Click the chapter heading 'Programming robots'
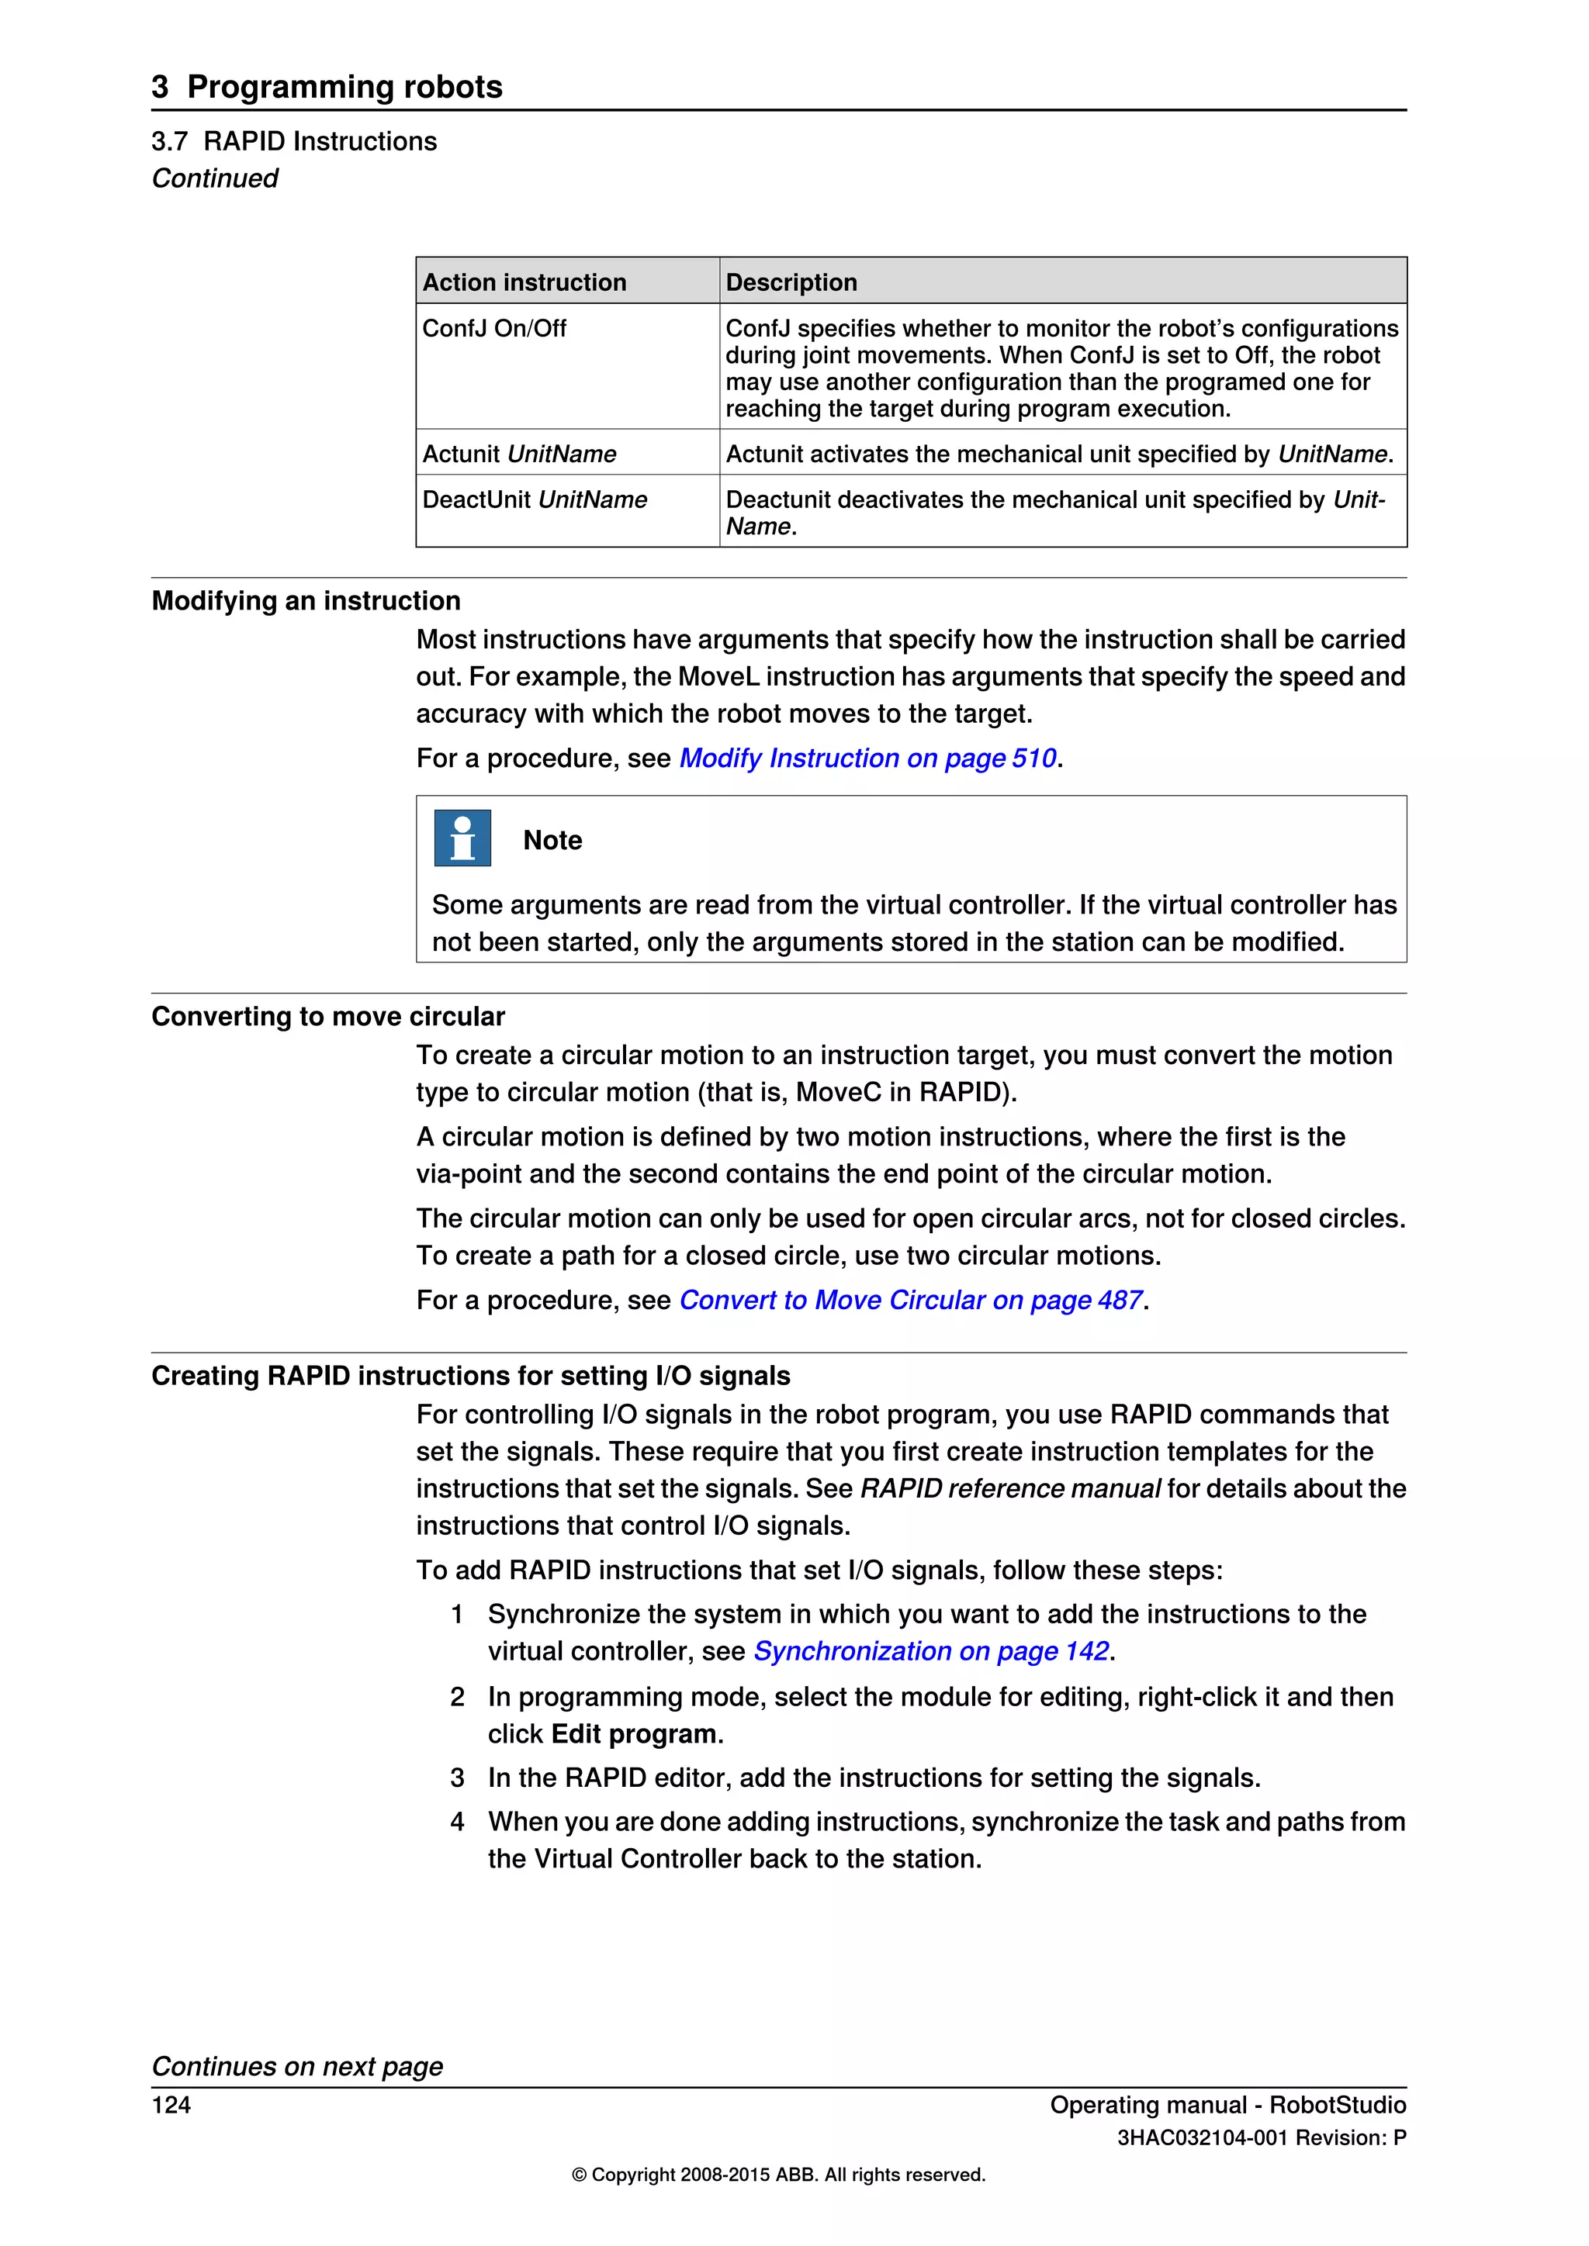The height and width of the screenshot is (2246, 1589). point(344,87)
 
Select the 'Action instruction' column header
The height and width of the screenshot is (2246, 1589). point(524,283)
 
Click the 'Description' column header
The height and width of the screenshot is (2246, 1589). point(791,283)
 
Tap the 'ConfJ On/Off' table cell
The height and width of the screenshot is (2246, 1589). point(494,329)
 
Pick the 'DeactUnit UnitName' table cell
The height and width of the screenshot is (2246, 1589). point(535,500)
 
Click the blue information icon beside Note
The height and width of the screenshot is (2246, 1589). point(462,838)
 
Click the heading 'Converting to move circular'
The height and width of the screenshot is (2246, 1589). point(327,1017)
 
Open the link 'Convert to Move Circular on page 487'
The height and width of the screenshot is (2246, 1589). point(910,1300)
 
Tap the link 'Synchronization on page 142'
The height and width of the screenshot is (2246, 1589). point(930,1651)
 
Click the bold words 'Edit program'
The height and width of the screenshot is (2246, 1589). point(633,1734)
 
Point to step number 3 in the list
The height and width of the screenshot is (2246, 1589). point(457,1778)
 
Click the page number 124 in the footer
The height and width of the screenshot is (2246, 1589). point(171,2105)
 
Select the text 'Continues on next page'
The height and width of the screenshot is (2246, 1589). point(296,2066)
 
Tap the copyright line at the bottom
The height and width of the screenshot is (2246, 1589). point(778,2175)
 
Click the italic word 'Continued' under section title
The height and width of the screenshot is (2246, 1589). point(214,179)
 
